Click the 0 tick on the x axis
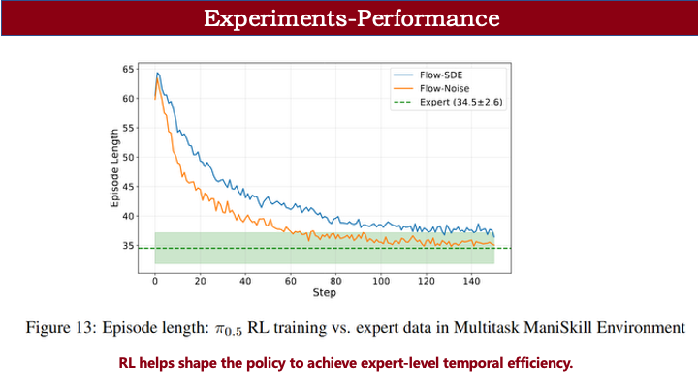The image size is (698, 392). [x=154, y=281]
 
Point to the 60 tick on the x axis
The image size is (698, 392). [x=290, y=281]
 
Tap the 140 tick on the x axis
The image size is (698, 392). [x=471, y=281]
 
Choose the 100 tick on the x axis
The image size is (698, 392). [x=380, y=281]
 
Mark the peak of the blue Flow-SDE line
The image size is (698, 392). [x=157, y=73]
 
